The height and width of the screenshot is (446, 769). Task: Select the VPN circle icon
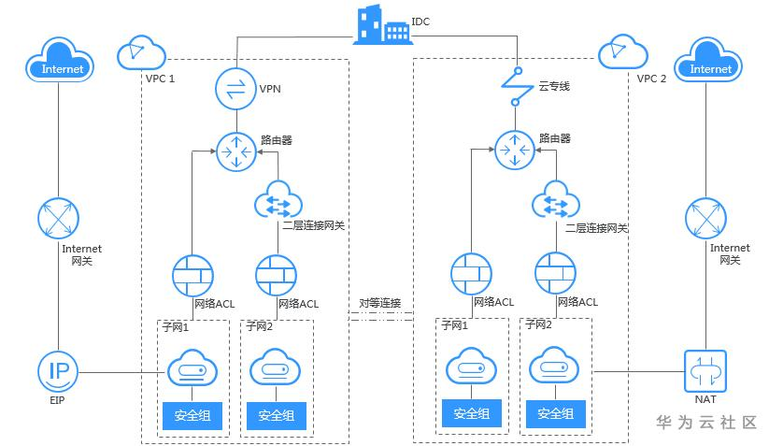tap(235, 89)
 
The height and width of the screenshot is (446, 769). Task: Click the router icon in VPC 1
tap(235, 151)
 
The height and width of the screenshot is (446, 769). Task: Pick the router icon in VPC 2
tap(516, 151)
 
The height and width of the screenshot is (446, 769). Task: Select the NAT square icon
tap(705, 372)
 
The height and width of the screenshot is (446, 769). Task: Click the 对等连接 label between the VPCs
tap(380, 303)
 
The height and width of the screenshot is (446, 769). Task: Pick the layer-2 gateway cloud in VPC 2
tap(556, 200)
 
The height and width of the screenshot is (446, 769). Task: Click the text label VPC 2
tap(651, 79)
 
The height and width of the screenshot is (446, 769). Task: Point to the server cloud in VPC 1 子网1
tap(192, 371)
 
